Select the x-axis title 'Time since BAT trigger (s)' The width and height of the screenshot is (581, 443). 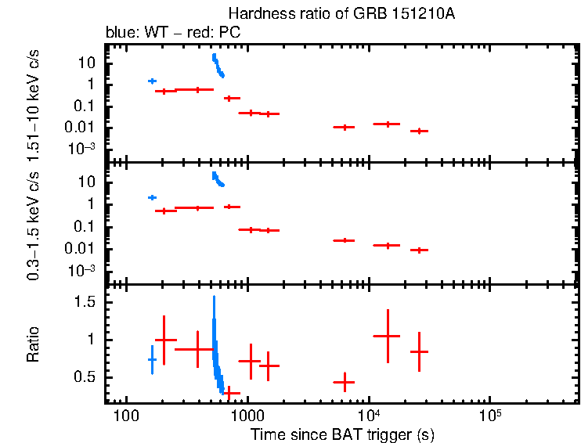click(x=342, y=434)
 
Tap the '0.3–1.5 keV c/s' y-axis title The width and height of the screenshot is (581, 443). click(x=34, y=226)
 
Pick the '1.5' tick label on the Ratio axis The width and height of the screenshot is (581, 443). click(x=86, y=302)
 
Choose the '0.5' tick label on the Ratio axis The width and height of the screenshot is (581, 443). click(x=86, y=377)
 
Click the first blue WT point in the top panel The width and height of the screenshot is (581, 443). click(x=152, y=81)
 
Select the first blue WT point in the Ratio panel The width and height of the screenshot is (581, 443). click(x=152, y=359)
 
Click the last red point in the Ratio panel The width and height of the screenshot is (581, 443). click(x=420, y=351)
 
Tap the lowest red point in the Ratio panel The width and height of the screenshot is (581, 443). click(x=231, y=393)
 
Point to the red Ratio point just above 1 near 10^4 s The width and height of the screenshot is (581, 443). click(x=387, y=335)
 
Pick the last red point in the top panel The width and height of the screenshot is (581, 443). click(x=420, y=131)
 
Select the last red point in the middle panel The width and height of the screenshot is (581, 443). click(x=420, y=250)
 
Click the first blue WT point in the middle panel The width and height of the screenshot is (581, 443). click(x=152, y=197)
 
